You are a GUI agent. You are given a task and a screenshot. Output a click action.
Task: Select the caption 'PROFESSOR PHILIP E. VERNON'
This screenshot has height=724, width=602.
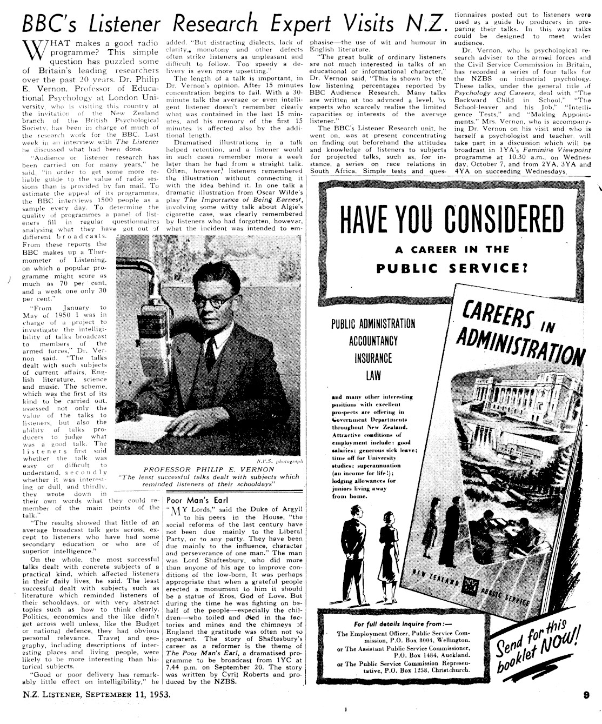[x=209, y=469]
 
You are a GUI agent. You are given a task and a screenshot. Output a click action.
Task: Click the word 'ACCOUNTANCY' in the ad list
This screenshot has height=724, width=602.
[x=373, y=341]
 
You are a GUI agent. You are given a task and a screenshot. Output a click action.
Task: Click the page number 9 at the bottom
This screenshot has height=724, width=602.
[x=585, y=696]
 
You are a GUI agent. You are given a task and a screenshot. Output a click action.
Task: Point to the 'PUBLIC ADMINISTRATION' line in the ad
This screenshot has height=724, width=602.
[x=373, y=324]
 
